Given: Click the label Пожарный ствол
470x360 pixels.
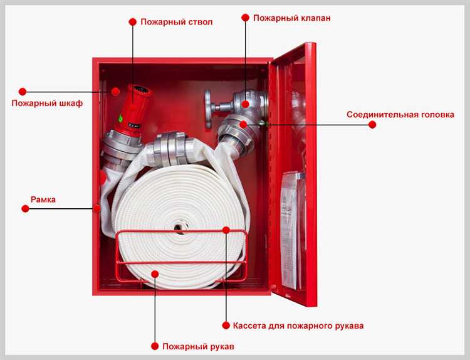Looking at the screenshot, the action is click(177, 22).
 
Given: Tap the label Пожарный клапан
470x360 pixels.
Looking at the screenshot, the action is click(291, 18).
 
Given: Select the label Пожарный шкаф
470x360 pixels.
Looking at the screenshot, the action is click(47, 103).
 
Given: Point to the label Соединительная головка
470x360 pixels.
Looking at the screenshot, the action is click(400, 115).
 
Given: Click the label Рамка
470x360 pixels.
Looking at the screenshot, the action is click(43, 199).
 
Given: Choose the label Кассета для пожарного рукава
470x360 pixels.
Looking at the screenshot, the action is click(298, 326).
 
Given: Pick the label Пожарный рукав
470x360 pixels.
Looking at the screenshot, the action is click(198, 347).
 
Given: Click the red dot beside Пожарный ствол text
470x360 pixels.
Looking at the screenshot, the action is click(132, 22).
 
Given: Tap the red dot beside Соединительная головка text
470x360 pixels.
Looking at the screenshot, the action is click(372, 125).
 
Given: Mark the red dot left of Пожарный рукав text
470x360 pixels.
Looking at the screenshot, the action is click(155, 346).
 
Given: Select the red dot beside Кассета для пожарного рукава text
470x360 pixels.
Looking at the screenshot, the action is click(226, 326).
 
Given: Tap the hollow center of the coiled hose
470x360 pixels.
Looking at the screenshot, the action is click(180, 228).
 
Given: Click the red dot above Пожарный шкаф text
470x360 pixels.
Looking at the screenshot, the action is click(23, 92).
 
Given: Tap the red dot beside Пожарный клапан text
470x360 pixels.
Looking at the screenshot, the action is click(245, 18).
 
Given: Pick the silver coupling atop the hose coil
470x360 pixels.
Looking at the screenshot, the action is click(171, 149).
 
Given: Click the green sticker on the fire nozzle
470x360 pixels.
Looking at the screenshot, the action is click(120, 118).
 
